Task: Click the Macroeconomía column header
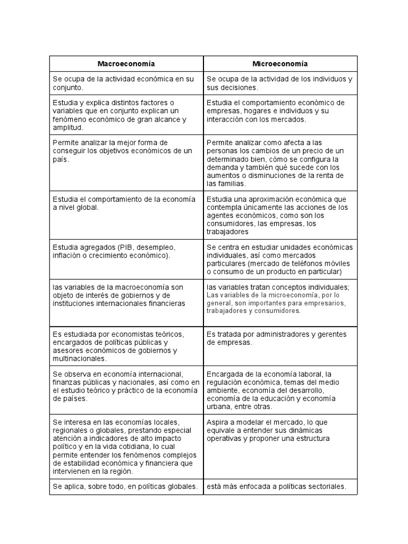pos(126,64)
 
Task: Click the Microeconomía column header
pos(280,64)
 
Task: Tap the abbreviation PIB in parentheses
pos(118,248)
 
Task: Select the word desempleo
pos(152,248)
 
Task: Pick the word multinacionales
pos(77,358)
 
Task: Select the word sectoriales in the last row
pos(325,486)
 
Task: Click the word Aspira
pos(218,422)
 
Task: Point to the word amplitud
pos(68,127)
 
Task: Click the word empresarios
pos(324,303)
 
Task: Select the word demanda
pos(222,167)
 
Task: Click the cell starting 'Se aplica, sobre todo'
pos(126,486)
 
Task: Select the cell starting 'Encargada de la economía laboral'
pos(280,390)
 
